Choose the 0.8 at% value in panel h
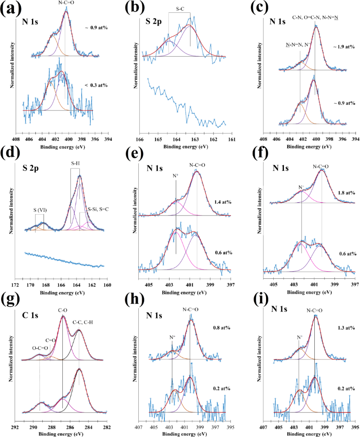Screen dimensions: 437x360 [x=221, y=328]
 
